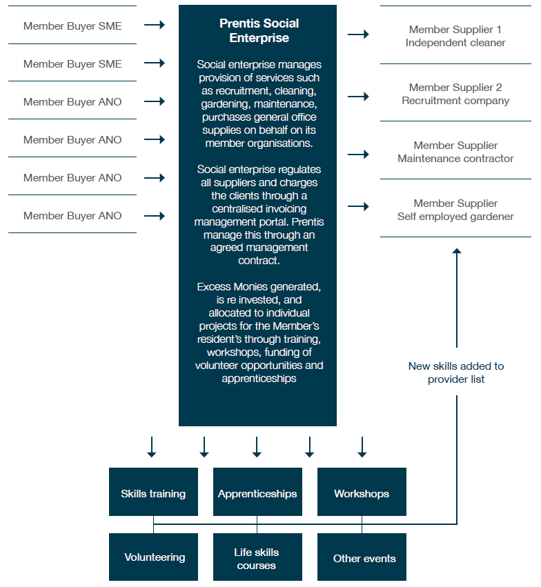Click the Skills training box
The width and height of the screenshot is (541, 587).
pos(153,492)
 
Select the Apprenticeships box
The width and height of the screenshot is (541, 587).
pos(257,492)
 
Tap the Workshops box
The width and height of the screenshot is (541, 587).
pos(362,492)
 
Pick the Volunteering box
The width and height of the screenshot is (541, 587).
pos(153,557)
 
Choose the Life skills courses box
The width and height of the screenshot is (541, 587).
pos(257,557)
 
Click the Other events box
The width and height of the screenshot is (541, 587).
pos(362,557)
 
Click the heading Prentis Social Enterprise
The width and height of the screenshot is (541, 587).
pos(259,31)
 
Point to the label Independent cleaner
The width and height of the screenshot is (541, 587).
pos(455,43)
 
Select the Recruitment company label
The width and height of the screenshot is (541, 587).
pos(455,101)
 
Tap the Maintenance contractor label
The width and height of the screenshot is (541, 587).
pos(455,159)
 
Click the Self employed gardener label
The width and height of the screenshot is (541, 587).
pos(455,217)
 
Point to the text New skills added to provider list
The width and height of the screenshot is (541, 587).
pos(456,372)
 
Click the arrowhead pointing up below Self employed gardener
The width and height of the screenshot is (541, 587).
pos(457,251)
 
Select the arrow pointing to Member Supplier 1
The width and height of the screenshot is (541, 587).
pos(358,34)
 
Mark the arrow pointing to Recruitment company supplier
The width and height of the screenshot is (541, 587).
pos(358,97)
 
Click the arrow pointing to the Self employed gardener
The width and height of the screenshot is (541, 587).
pos(358,206)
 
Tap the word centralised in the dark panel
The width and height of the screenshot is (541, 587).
pos(259,208)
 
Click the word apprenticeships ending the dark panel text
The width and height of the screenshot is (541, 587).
pos(259,379)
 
